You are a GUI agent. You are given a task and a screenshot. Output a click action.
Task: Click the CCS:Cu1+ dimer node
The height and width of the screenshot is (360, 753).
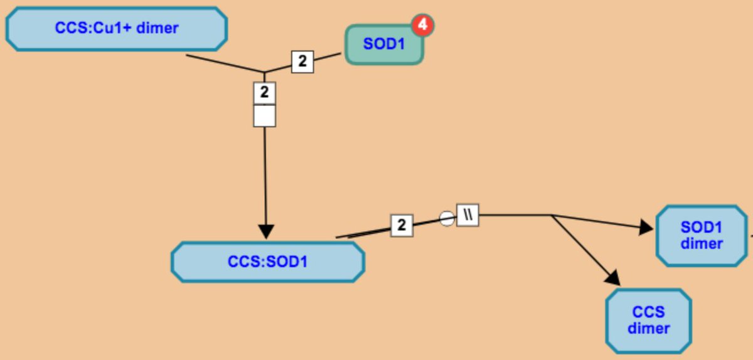(116, 29)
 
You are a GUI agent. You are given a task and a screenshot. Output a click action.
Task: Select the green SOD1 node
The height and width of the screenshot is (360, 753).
(384, 45)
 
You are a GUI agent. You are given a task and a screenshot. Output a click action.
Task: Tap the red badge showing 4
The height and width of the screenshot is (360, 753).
(423, 25)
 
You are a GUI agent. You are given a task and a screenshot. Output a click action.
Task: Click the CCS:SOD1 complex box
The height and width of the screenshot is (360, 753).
(267, 262)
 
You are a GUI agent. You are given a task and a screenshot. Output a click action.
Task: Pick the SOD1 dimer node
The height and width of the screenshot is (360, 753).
(702, 235)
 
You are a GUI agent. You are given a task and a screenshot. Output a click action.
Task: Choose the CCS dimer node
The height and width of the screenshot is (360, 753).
(648, 320)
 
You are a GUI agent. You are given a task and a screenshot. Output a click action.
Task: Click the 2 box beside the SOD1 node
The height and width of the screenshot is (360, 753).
(302, 61)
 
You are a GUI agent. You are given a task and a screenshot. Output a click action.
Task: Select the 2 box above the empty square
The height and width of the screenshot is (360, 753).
(264, 93)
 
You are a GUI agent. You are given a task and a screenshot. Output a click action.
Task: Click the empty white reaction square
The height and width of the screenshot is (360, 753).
(264, 115)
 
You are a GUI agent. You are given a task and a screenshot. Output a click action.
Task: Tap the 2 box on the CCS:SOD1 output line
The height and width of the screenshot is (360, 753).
(402, 225)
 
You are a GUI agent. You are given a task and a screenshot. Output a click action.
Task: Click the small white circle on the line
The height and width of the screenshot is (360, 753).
(446, 218)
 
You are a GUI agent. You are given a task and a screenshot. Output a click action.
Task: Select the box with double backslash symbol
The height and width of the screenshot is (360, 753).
(467, 214)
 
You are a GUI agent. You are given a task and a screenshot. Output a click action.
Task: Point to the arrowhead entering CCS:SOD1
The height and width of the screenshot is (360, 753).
(266, 231)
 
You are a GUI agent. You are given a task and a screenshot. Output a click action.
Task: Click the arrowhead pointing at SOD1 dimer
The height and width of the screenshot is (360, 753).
(646, 228)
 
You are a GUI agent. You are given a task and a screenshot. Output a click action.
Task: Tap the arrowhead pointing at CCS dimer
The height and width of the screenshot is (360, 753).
(612, 277)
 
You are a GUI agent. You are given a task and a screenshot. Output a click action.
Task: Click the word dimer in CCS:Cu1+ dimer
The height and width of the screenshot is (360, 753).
(157, 28)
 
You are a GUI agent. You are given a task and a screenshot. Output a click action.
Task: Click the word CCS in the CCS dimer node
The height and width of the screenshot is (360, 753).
(648, 312)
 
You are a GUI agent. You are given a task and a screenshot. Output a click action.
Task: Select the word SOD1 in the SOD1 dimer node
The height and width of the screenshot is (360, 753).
(702, 228)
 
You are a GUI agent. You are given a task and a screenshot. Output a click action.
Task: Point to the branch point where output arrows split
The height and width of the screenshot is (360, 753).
(552, 215)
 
